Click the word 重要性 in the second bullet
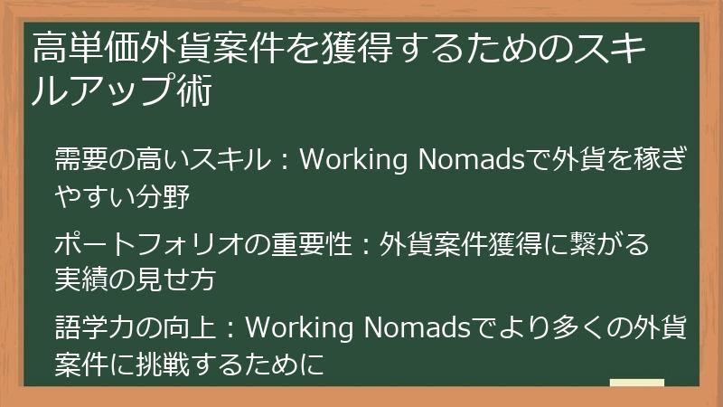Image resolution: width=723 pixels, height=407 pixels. click(x=310, y=245)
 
